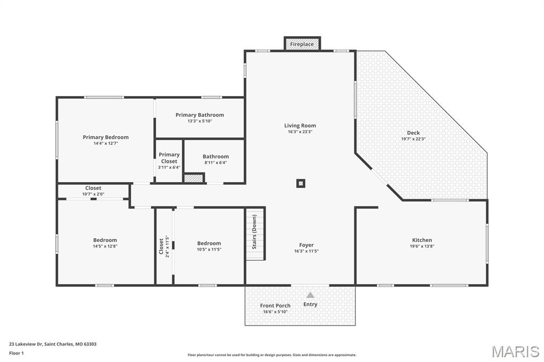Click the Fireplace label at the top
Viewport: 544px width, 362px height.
pos(302,45)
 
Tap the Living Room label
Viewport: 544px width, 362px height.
pos(300,125)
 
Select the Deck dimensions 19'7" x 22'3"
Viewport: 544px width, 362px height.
pos(413,139)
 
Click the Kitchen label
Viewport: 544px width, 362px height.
pos(422,240)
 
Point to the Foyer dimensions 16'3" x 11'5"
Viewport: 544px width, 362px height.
pos(307,251)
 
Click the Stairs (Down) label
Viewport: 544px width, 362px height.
pos(254,231)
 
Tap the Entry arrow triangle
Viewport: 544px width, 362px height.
pos(310,295)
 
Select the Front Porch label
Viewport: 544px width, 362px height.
pos(275,306)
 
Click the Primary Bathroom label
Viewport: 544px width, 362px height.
pos(200,115)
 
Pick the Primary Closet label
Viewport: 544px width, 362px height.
pos(169,158)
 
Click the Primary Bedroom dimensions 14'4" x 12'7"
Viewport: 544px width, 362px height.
pos(106,143)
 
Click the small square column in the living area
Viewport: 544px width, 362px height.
pos(301,184)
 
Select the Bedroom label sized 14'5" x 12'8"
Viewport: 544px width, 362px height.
pos(105,240)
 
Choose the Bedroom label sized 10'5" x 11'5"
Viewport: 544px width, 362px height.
pos(209,244)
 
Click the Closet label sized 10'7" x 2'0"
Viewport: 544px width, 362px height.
pos(93,188)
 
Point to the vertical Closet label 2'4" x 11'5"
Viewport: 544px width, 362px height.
pos(161,246)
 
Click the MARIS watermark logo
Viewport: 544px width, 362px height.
pos(515,351)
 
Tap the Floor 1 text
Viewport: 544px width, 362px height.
pos(16,354)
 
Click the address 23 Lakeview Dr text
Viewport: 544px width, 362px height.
pos(25,344)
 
